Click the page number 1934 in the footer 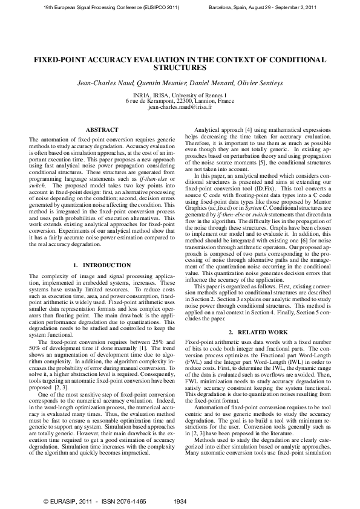pos(180,501)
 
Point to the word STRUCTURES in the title pos(180,68)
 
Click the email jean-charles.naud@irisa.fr pos(180,106)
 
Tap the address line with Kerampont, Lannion pos(180,101)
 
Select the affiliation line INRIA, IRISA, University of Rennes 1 pos(180,96)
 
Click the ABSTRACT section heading pos(98,130)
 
